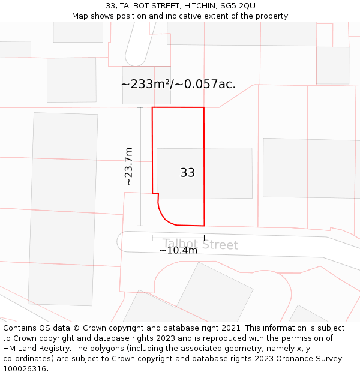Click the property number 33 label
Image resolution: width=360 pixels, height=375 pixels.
187,173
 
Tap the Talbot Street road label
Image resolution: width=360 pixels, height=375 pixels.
200,245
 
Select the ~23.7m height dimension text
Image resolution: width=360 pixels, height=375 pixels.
128,166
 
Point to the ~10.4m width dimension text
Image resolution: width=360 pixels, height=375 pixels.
178,250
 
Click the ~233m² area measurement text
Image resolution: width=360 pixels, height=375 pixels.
178,85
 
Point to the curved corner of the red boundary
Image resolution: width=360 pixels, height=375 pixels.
163,217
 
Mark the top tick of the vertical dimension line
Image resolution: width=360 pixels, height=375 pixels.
140,107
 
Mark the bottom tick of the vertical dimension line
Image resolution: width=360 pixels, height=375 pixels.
140,226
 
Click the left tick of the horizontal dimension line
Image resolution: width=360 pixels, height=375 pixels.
152,238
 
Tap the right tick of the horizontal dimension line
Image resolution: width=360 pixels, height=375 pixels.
204,238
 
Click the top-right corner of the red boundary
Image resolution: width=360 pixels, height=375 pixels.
203,108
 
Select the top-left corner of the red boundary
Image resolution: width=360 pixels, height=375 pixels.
152,108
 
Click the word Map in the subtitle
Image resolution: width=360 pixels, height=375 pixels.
80,16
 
